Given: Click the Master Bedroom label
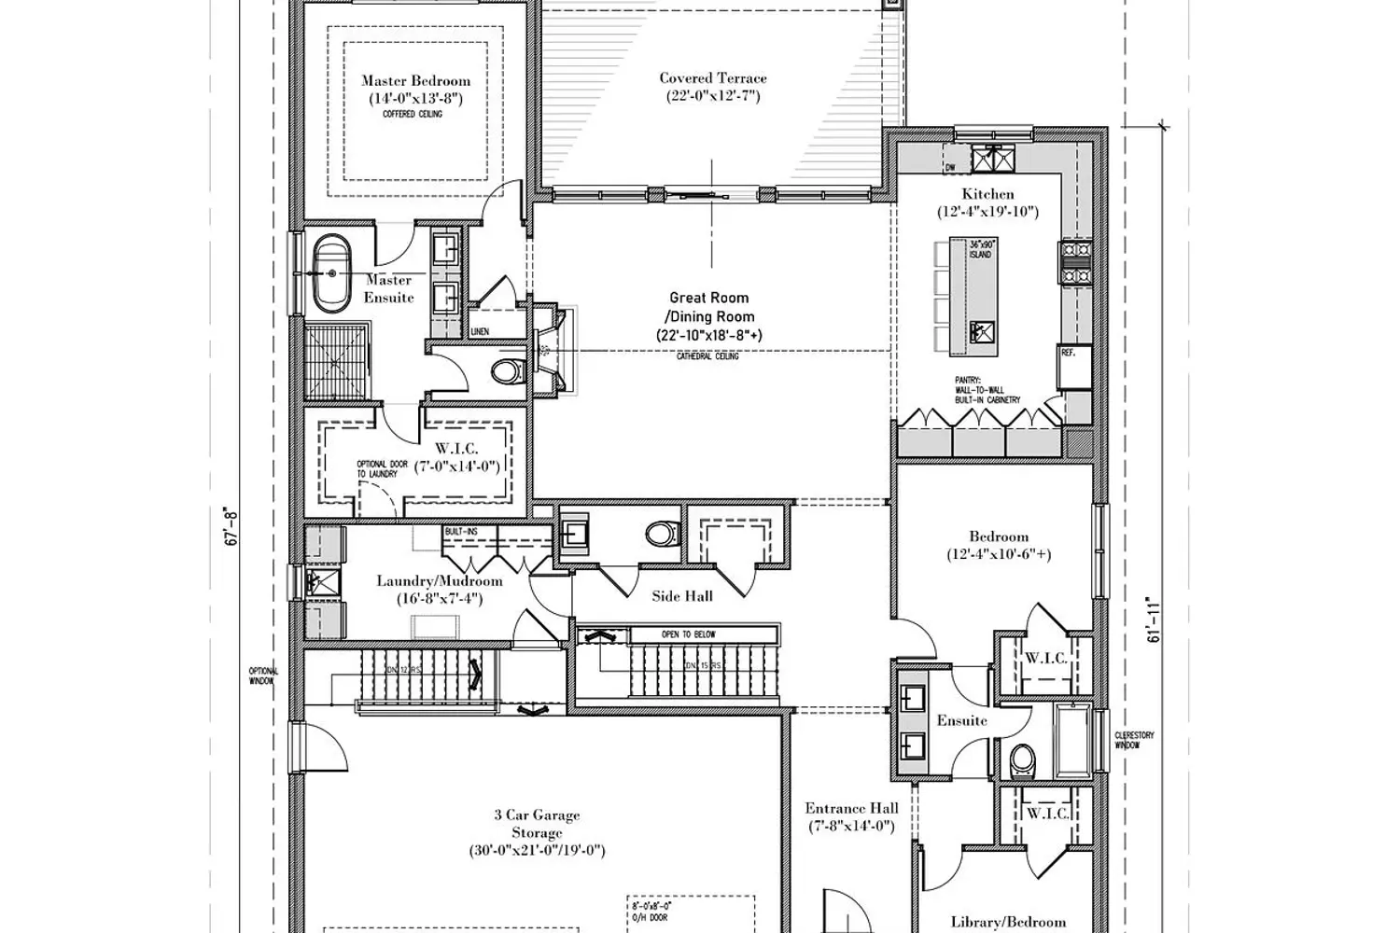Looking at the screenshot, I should coord(415,81).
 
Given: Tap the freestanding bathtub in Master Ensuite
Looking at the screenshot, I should coord(329,273).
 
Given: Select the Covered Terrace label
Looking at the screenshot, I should coord(713,78).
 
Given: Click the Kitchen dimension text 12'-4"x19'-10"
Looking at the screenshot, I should coord(987,212).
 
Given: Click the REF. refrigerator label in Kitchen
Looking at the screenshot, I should coord(1068,353).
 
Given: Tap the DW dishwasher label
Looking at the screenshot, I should coord(950,168).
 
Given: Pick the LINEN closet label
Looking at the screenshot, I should coord(480,331).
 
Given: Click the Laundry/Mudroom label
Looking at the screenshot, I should coord(439,581).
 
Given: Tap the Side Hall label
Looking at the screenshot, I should coord(682,595).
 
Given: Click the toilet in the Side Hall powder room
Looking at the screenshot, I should coord(661,535).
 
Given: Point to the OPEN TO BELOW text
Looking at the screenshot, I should coord(689,634).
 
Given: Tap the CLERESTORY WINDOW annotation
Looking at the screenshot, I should coord(1134,741).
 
